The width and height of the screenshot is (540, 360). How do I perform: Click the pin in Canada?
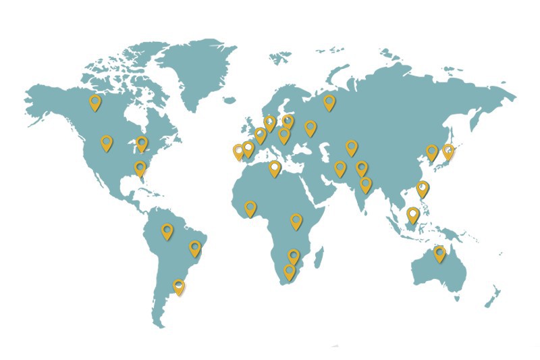95,102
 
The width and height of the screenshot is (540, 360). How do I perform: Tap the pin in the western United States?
107,143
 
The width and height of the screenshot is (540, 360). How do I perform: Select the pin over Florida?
140,168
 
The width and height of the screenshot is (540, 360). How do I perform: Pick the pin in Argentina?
179,287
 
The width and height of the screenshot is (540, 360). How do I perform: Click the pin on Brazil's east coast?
195,248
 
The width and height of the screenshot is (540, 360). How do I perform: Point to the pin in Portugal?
238,151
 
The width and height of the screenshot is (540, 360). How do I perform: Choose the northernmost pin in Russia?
329,102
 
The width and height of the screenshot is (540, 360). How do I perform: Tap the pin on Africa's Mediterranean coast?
275,168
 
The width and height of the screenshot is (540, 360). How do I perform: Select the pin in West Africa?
250,208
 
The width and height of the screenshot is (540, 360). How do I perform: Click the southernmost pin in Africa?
290,272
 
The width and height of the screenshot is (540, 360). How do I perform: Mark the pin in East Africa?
296,220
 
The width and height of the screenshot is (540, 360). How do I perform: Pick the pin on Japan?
448,151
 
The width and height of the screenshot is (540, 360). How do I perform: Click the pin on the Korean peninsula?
432,152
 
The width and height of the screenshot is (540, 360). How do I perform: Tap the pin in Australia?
440,253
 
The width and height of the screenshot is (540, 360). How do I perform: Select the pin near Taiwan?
423,188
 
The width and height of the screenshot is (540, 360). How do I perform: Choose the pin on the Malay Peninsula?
412,215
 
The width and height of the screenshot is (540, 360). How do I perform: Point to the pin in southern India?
366,184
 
